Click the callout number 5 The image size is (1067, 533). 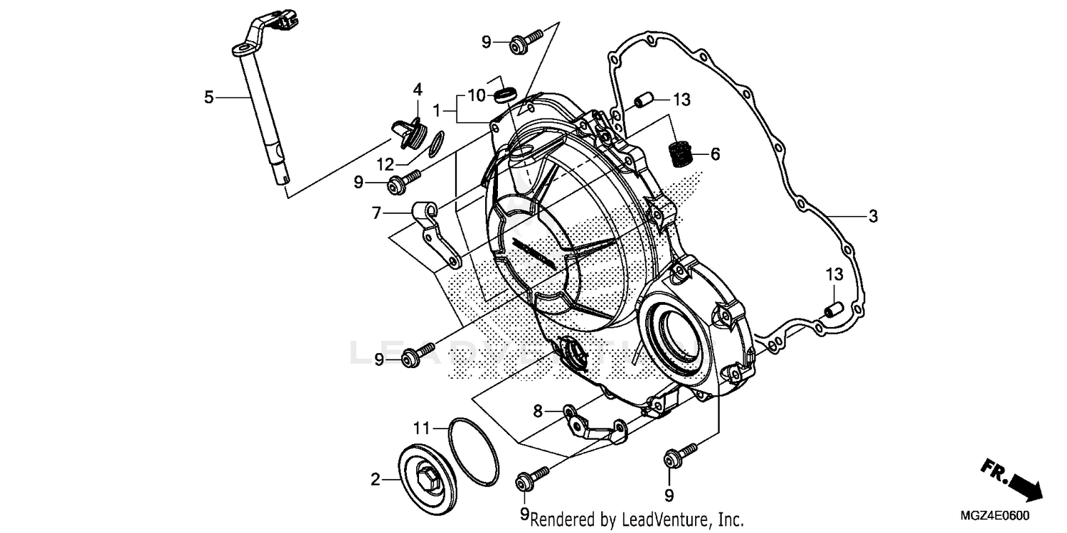(208, 97)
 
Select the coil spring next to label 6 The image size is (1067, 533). (682, 154)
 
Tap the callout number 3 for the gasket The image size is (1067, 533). (873, 216)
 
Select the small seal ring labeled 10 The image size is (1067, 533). (505, 94)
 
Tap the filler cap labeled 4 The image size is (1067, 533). (410, 133)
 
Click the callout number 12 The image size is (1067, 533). (385, 165)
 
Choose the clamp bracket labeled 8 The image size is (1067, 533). (592, 427)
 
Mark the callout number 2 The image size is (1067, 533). (376, 480)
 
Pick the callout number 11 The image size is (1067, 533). (422, 428)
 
